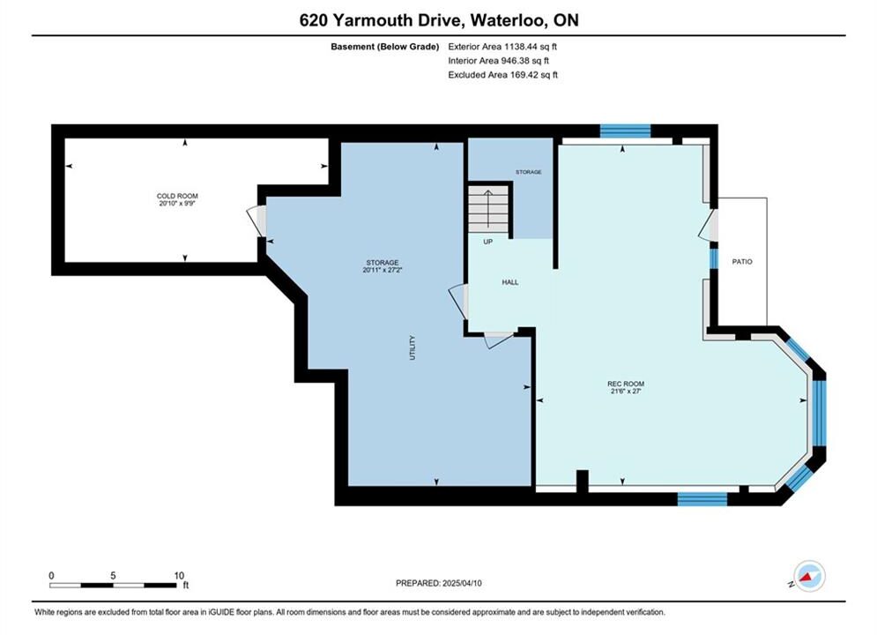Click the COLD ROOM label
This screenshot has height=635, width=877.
pos(177,196)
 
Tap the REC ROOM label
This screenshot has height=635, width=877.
pos(626,384)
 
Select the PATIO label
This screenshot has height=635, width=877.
pos(742,261)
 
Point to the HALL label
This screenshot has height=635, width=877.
pos(510,282)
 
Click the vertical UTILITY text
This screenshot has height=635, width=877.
pos(412,347)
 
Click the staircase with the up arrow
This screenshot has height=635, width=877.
pos(488,209)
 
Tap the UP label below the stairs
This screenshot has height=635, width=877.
pos(487,242)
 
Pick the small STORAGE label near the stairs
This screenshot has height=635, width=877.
pos(529,172)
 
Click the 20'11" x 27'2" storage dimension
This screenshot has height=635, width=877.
pos(383,270)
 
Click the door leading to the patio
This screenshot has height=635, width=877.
pos(708,226)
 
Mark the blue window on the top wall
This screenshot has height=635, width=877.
pos(625,131)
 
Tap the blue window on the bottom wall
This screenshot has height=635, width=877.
pos(702,499)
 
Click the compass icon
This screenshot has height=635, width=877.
pos(809,576)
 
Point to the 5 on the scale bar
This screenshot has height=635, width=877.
pos(113,576)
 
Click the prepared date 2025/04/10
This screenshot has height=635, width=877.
pos(462,583)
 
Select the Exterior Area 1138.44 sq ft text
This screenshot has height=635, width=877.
pos(502,47)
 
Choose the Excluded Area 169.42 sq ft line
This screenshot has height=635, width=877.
pos(502,74)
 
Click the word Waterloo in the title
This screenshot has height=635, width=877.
pos(508,20)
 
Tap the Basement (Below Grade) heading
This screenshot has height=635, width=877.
pos(385,47)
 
